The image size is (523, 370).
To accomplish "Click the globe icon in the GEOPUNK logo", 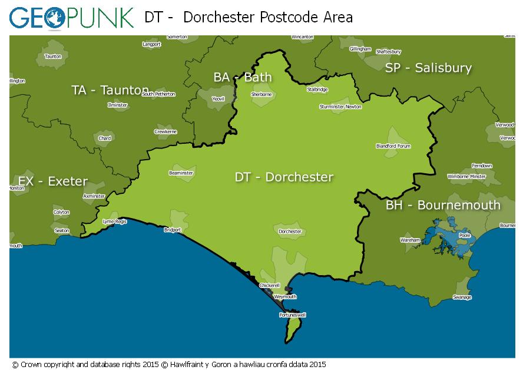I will pos(54,18).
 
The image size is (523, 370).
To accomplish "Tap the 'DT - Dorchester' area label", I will pos(284,177).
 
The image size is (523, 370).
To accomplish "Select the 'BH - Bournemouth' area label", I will pos(443,205).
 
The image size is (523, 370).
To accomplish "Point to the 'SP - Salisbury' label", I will pos(428,68).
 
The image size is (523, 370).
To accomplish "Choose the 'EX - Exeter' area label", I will pos(52,181).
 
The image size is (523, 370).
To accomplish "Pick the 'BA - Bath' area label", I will pos(242,77).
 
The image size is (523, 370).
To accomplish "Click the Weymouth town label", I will pos(285,297).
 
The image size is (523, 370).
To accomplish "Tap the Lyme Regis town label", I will pos(114,222).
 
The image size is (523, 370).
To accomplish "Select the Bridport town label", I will pos(173,230).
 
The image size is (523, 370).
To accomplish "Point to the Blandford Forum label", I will pos(393,146).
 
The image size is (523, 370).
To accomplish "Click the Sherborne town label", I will pos(261,94).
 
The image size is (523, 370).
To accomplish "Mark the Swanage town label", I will pos(462,297).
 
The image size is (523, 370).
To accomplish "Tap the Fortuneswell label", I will pos(292,315).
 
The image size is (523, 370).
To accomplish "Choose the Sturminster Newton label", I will pos(340,107).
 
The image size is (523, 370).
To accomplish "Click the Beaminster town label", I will pos(181,173).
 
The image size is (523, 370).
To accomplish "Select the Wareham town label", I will pos(411,240).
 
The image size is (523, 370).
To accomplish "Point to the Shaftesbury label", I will pos(388,52).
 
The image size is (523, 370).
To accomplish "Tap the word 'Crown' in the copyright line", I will pos(31,365).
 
